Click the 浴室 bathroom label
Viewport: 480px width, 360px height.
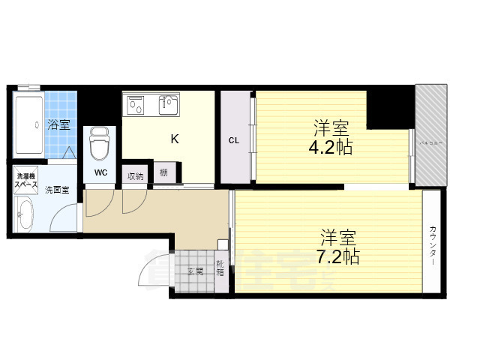(x=59, y=124)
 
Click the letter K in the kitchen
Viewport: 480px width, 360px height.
(x=174, y=139)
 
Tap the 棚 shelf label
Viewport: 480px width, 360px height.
(x=163, y=174)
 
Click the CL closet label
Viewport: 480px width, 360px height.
(x=233, y=139)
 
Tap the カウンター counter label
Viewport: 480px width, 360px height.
(x=433, y=244)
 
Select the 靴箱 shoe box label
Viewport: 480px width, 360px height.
(x=220, y=268)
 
